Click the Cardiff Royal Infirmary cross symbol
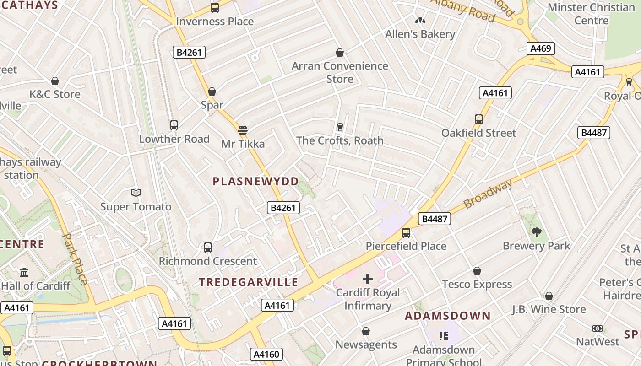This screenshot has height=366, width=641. (x=367, y=279)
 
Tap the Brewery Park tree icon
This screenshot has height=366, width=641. (x=536, y=232)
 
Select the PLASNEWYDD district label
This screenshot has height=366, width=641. (x=255, y=181)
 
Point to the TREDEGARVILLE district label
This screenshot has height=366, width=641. (x=249, y=282)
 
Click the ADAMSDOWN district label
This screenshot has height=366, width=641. (x=448, y=316)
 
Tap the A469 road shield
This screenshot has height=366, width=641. (x=540, y=48)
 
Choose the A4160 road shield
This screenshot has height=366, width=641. (x=266, y=354)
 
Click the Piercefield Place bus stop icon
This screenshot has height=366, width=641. (x=406, y=233)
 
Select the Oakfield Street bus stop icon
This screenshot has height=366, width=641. (x=478, y=119)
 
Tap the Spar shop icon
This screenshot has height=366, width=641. (x=212, y=92)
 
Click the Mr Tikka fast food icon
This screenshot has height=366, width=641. (x=243, y=130)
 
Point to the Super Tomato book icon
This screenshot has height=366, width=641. (x=136, y=193)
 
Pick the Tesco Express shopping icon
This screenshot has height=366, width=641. (x=477, y=271)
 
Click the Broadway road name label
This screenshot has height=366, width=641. (x=488, y=194)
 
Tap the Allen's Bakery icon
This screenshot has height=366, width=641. (x=420, y=21)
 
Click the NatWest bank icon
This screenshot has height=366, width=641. (x=597, y=328)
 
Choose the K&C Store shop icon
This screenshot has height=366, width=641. (x=55, y=81)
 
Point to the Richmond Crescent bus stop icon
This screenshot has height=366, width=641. (x=207, y=248)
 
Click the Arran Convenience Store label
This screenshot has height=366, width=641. (x=340, y=72)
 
